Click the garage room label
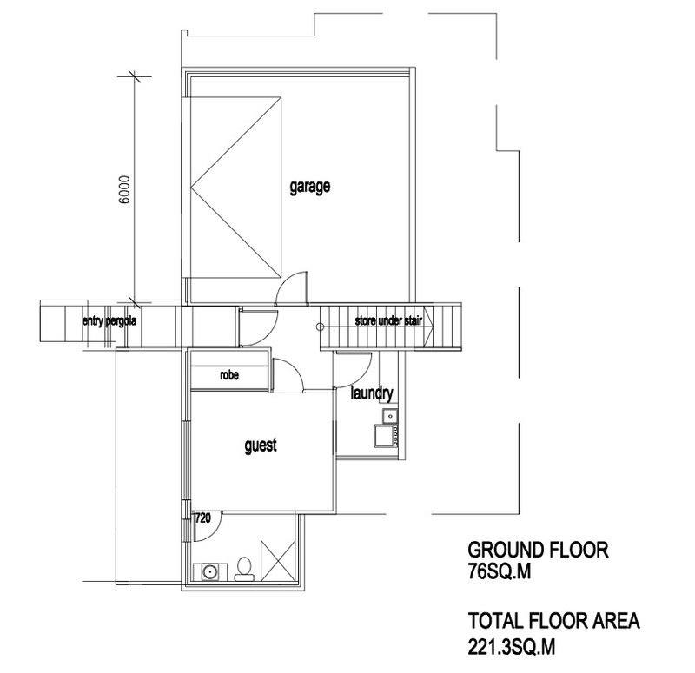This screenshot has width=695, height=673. tap(310, 187)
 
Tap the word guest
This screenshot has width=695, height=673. tap(261, 445)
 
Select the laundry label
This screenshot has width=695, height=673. tap(372, 393)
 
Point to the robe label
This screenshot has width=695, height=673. tap(229, 375)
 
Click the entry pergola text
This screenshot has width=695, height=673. tap(109, 320)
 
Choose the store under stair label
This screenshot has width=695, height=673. tap(388, 320)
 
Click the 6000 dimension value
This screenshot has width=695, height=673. tap(125, 189)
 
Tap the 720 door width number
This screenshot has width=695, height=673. tap(202, 518)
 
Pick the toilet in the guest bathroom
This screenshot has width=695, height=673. tap(244, 570)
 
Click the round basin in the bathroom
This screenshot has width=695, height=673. tap(208, 571)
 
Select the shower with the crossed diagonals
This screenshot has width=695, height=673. tap(278, 560)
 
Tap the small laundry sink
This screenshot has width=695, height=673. tap(390, 416)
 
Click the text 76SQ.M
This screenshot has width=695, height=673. tap(499, 571)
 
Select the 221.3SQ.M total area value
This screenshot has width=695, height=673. tap(512, 646)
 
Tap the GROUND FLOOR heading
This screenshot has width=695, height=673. tap(538, 550)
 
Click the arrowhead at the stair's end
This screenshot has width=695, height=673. tap(428, 320)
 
